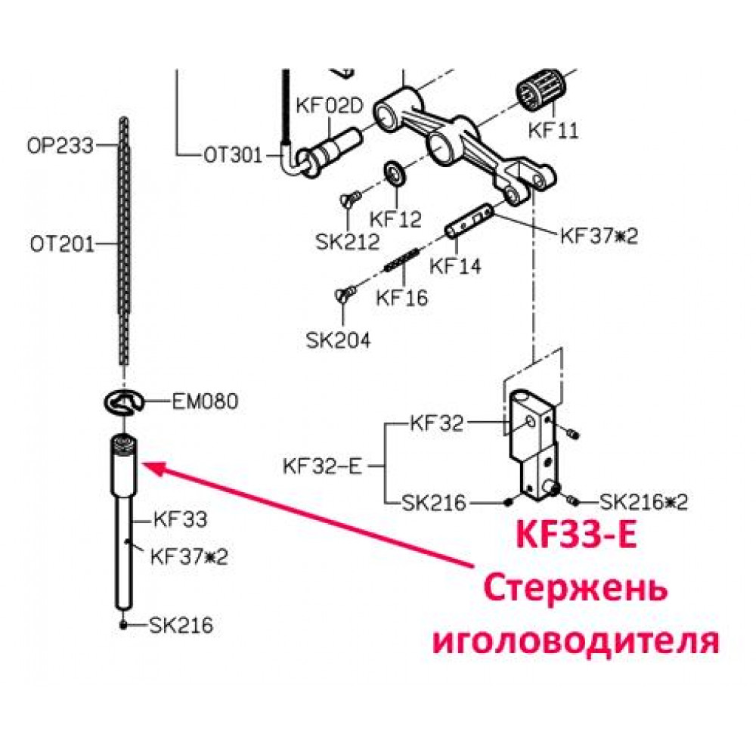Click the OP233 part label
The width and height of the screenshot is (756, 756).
pos(60,145)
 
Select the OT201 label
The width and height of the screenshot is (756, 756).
pos(62,244)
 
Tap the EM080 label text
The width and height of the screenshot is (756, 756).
pos(206,401)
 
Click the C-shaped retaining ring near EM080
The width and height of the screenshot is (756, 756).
pos(124,402)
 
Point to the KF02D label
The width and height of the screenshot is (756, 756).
pos(330,106)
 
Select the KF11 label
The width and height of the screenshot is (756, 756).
pos(553,130)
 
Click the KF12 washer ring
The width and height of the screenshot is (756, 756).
pos(395,174)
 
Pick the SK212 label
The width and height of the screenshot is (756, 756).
pos(348,242)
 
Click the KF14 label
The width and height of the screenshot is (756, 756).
pos(455,265)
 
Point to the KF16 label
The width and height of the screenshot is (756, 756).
pos(402,297)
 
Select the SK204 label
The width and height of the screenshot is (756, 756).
pos(339,341)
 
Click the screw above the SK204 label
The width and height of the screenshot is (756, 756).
pos(345,293)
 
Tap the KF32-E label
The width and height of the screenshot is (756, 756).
pos(322,466)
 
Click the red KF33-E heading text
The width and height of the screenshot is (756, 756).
pos(577,534)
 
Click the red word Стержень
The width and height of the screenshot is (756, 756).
pos(576,589)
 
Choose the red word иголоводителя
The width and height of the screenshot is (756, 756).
pos(576,641)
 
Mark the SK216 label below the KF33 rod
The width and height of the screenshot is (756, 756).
pos(181,625)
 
